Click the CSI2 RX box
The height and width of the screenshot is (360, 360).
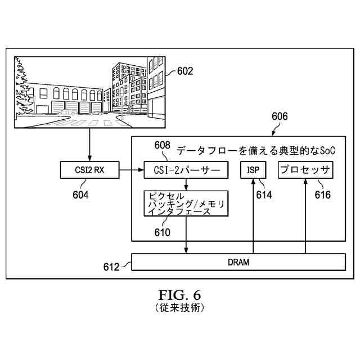point(90,170)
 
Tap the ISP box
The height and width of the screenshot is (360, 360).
point(254,170)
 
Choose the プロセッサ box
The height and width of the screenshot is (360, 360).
point(305,170)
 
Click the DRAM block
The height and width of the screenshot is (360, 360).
point(238,262)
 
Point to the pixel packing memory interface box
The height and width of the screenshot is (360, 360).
point(186,204)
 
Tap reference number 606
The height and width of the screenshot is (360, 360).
point(280,116)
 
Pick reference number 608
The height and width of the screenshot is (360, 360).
point(162,145)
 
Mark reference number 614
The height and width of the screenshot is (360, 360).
point(263,195)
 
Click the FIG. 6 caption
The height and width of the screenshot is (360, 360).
point(180,295)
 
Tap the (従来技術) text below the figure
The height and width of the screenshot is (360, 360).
point(180,308)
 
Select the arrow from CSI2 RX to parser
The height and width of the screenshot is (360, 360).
point(130,170)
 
